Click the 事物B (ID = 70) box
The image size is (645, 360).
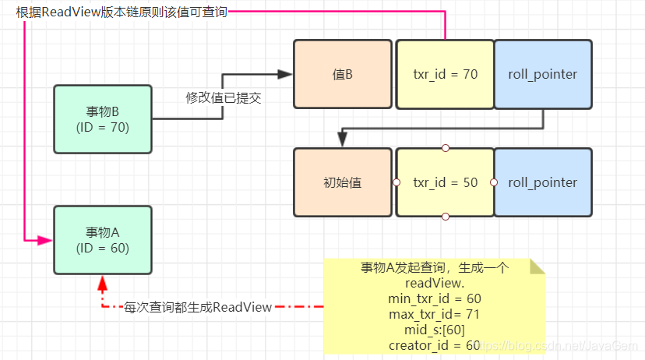click(x=103, y=119)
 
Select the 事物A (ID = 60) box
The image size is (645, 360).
click(x=103, y=240)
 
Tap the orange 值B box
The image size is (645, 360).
click(x=343, y=74)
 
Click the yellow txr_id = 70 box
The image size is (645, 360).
click(x=445, y=74)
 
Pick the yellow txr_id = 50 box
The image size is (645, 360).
click(x=445, y=182)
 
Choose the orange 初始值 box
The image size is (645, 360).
click(x=343, y=182)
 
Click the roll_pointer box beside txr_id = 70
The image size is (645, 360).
click(x=543, y=74)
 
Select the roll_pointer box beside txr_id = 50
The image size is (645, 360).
click(x=543, y=182)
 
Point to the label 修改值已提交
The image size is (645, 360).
click(x=224, y=98)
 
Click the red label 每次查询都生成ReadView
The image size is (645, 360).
click(x=198, y=307)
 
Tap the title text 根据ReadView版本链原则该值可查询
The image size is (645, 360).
click(x=122, y=12)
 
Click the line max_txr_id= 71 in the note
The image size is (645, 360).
click(x=435, y=314)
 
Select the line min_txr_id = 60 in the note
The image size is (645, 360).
click(x=435, y=298)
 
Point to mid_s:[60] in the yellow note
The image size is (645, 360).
click(x=435, y=330)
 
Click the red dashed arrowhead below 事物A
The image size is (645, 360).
click(x=102, y=284)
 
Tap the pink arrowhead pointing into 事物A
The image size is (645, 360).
click(x=44, y=240)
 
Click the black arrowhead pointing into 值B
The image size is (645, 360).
click(x=284, y=75)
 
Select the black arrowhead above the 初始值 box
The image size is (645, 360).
click(x=342, y=139)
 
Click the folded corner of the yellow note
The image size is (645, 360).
click(x=537, y=266)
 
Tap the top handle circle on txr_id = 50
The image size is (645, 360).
click(x=445, y=148)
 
